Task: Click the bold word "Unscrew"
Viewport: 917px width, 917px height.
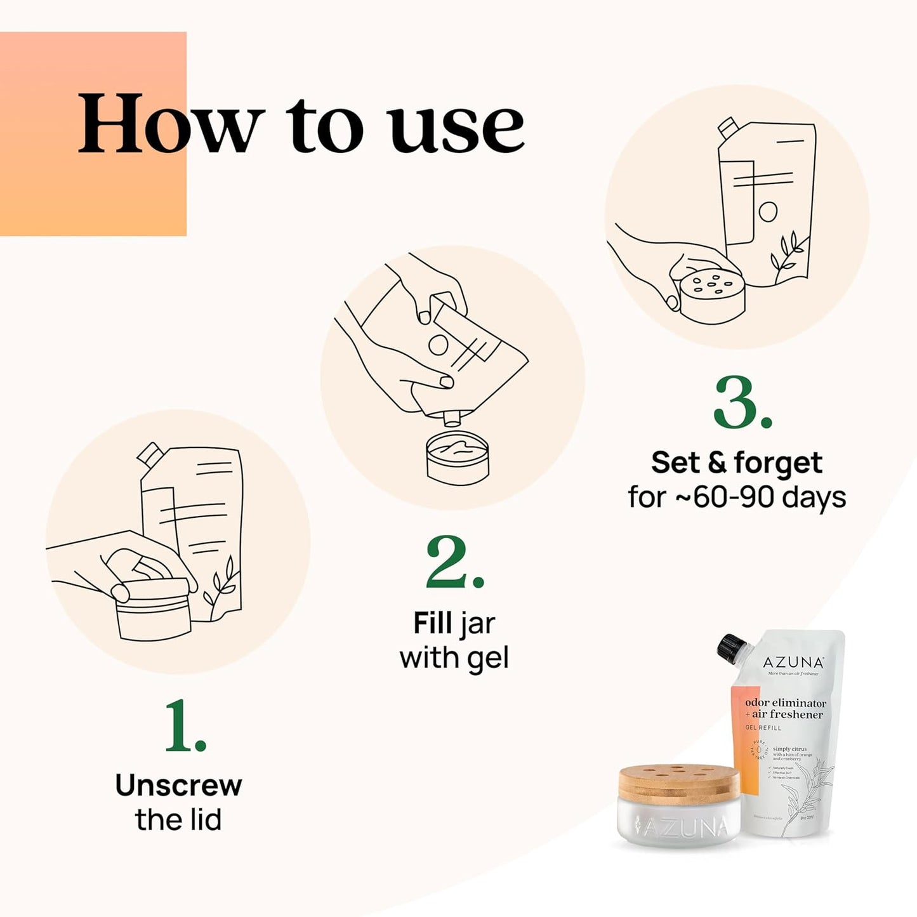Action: [x=178, y=786]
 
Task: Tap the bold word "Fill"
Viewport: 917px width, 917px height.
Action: [x=432, y=623]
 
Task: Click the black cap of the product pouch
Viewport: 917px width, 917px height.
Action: [x=730, y=646]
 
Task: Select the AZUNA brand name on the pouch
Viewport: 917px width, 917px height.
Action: [x=793, y=663]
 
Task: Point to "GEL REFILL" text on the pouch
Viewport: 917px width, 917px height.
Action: [x=763, y=728]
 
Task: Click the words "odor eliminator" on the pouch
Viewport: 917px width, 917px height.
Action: [x=786, y=703]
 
